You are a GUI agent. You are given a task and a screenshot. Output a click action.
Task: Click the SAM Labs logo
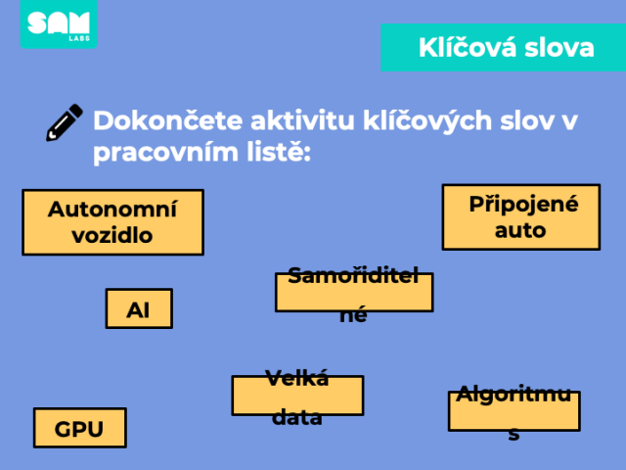pos(59,23)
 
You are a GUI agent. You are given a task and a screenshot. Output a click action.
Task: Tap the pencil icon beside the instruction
pos(65,122)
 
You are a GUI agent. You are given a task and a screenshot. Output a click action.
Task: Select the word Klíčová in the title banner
pos(467,48)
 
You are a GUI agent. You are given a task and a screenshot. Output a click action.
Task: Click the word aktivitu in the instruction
pos(302,120)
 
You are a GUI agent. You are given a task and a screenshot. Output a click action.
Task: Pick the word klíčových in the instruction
pos(427,121)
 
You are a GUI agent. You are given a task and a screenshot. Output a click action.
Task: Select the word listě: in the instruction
pos(279,152)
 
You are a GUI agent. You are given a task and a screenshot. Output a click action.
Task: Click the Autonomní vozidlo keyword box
pos(113,222)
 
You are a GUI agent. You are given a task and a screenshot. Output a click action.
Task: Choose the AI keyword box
pos(139,308)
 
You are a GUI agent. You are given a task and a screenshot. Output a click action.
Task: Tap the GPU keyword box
pos(80,428)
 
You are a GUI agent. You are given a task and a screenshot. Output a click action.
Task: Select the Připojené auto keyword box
pos(521,217)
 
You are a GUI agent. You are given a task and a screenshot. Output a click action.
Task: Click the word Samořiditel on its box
pos(353,275)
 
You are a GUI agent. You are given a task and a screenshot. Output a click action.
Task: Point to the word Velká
pos(297,378)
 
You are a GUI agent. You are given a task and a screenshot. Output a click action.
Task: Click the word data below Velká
pos(296,418)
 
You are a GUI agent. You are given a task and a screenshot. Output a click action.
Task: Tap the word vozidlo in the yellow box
pos(112,235)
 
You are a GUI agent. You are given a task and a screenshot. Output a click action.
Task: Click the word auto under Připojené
pos(520,231)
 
